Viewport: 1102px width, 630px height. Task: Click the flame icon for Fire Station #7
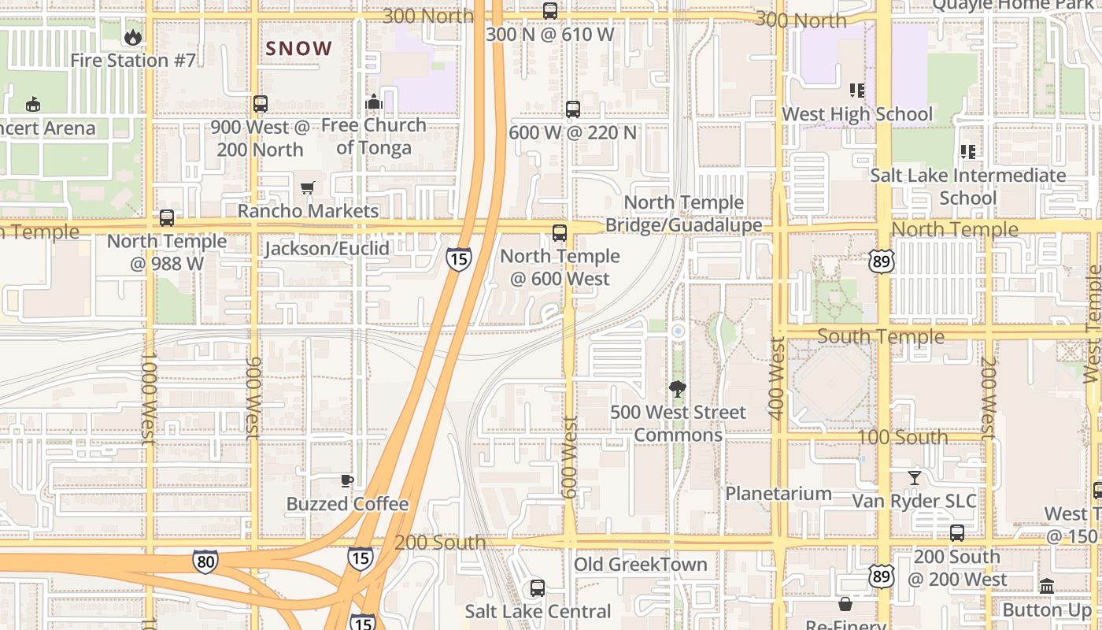[132, 37]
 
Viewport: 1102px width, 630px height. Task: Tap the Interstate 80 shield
[205, 561]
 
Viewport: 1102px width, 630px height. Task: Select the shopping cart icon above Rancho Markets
[308, 187]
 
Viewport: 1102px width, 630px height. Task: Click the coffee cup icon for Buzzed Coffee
[347, 480]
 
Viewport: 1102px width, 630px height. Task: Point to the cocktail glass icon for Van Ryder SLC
[914, 477]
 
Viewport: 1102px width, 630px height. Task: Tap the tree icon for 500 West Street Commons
[677, 388]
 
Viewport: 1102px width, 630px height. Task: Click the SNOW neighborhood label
[299, 49]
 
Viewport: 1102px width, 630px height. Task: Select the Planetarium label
[778, 494]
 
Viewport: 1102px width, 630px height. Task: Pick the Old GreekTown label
[640, 565]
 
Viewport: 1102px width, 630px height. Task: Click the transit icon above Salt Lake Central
[538, 587]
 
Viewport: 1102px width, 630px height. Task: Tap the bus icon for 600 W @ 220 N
[573, 109]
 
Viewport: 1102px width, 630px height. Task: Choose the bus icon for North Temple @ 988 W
[167, 218]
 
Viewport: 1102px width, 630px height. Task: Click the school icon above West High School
[856, 91]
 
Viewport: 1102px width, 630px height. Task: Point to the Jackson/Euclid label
[327, 249]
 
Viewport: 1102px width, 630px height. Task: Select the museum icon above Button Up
[1047, 586]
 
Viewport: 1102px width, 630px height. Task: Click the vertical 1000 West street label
[149, 398]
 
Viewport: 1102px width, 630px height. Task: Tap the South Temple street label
[880, 336]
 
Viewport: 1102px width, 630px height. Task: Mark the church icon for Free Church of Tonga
[374, 102]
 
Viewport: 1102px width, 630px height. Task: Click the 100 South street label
[902, 437]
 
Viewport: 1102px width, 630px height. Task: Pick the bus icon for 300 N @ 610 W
[550, 11]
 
